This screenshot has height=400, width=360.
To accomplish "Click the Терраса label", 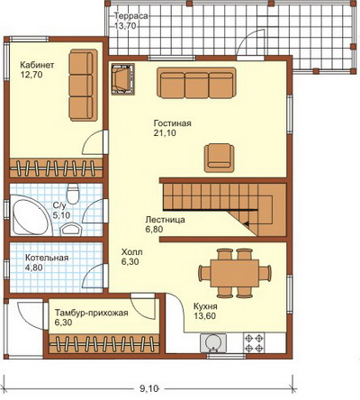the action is pos(130,16).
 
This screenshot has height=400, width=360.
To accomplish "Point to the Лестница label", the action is pos(165,220).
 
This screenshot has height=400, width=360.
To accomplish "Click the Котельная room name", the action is pos(47,258).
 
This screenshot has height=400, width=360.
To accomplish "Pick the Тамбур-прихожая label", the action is pos(92,313).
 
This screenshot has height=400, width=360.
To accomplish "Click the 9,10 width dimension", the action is pos(148,388).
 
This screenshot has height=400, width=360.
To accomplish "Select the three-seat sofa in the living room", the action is pos(196,83).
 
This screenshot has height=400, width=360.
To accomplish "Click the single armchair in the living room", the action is pos(220,158).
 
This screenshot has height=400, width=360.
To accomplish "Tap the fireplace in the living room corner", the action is pos(123,79).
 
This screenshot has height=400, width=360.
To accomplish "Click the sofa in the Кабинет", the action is pos(83,86).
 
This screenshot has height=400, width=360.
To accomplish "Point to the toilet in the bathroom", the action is pos(73,194).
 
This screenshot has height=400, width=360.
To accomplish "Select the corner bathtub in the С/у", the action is pos(30,214).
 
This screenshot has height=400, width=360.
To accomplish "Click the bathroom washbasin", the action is pos(70,229).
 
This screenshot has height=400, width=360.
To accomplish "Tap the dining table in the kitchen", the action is pos(235,273).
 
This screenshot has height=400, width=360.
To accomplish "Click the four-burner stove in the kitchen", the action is pos(254,342).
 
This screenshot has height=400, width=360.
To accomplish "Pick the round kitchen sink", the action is pos(213,342).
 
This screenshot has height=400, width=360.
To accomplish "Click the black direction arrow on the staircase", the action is pos(246,223).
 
